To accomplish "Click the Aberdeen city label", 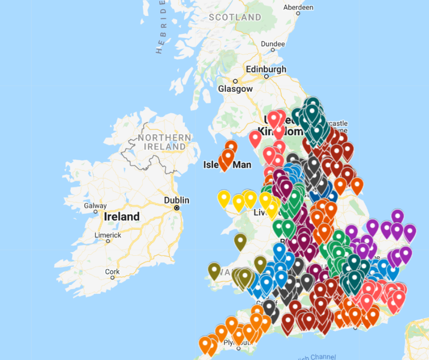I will pyautogui.click(x=298, y=7).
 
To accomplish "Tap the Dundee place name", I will pyautogui.click(x=272, y=44).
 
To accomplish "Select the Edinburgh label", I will pyautogui.click(x=266, y=69).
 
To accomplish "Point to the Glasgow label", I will pyautogui.click(x=235, y=89).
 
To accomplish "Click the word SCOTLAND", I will pyautogui.click(x=235, y=17).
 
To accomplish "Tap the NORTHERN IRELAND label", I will pyautogui.click(x=164, y=142).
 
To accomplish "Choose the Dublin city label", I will pyautogui.click(x=177, y=200).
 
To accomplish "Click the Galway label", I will pyautogui.click(x=95, y=206).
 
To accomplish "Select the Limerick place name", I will pyautogui.click(x=108, y=235).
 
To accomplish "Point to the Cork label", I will pyautogui.click(x=112, y=271).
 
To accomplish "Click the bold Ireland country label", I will pyautogui.click(x=122, y=217).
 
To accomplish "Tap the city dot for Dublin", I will pyautogui.click(x=177, y=208).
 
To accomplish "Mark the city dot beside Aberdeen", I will pyautogui.click(x=297, y=14).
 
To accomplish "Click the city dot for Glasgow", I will pyautogui.click(x=235, y=81).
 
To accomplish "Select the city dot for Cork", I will pyautogui.click(x=108, y=277).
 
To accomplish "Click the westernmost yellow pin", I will pyautogui.click(x=224, y=198).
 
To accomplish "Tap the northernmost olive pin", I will pyautogui.click(x=241, y=240).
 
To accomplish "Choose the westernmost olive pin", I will pyautogui.click(x=214, y=270).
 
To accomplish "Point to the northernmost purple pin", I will pyautogui.click(x=398, y=216).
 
